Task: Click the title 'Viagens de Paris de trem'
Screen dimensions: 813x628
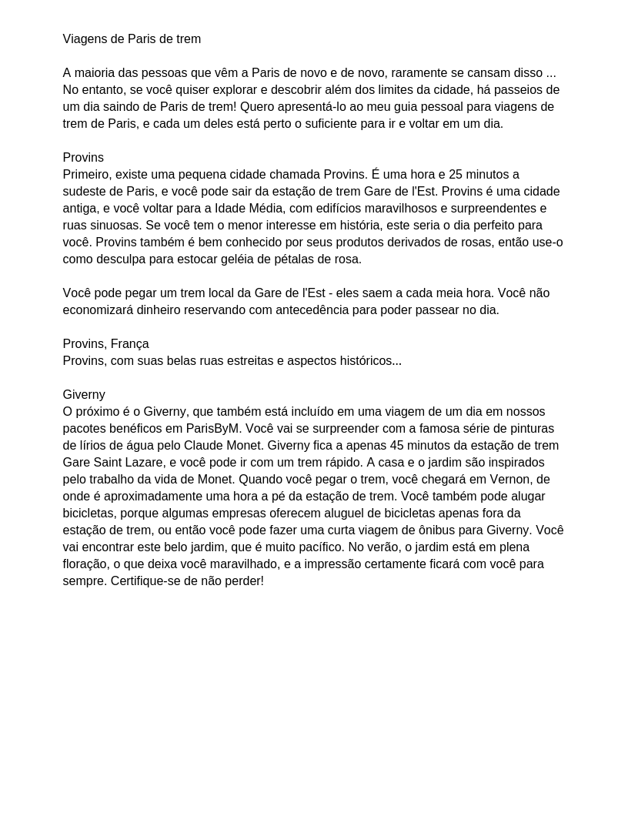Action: [132, 39]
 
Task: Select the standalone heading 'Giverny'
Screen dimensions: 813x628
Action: [84, 395]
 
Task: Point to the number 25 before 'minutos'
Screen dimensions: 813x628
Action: [456, 175]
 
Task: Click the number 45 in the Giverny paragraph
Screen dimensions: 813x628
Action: [397, 446]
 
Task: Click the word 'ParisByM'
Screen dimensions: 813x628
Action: [213, 429]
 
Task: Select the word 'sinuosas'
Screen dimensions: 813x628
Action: [116, 226]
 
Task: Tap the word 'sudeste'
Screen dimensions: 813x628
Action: [86, 192]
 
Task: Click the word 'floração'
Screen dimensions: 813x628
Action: [85, 564]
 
